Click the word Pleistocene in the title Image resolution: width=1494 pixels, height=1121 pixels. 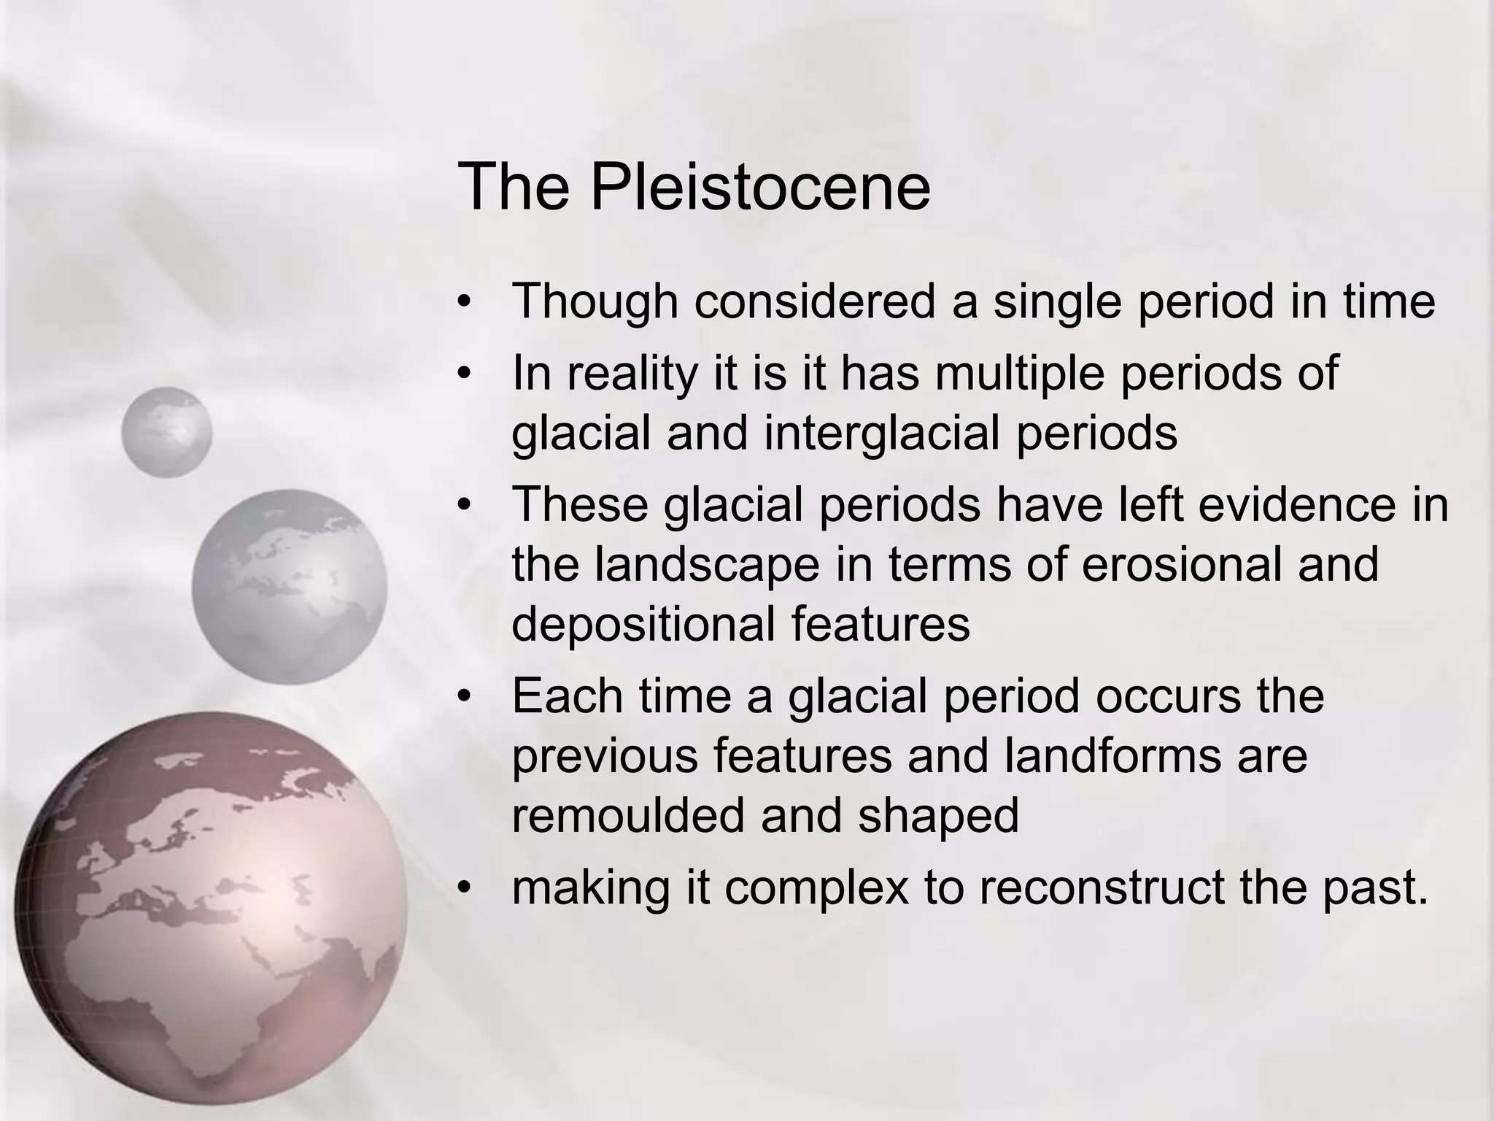[759, 188]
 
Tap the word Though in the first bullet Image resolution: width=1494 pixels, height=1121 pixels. [595, 301]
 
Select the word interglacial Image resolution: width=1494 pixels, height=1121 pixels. [883, 433]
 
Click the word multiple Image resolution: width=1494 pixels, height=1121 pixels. [1021, 373]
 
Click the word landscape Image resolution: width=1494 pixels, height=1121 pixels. [706, 564]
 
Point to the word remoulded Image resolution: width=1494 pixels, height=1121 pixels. [628, 815]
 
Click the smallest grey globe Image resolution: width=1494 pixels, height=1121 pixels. [166, 432]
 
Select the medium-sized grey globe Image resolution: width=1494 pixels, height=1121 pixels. [289, 586]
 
